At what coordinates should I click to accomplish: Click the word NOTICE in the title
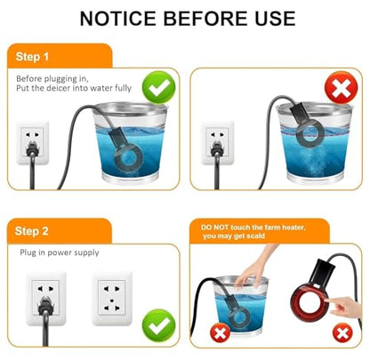[117, 19]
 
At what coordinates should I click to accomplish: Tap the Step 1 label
[32, 56]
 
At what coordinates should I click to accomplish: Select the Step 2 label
[31, 231]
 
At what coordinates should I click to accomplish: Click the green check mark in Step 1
[158, 87]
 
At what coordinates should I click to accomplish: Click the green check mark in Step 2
[158, 325]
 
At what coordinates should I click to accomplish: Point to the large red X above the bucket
[342, 87]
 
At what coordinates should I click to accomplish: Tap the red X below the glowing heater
[342, 333]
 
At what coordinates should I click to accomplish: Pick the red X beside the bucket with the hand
[220, 332]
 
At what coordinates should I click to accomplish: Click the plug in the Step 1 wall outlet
[32, 148]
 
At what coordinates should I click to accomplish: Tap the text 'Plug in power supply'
[60, 252]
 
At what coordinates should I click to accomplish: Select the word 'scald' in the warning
[254, 236]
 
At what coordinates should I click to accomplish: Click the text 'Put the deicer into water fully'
[74, 88]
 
